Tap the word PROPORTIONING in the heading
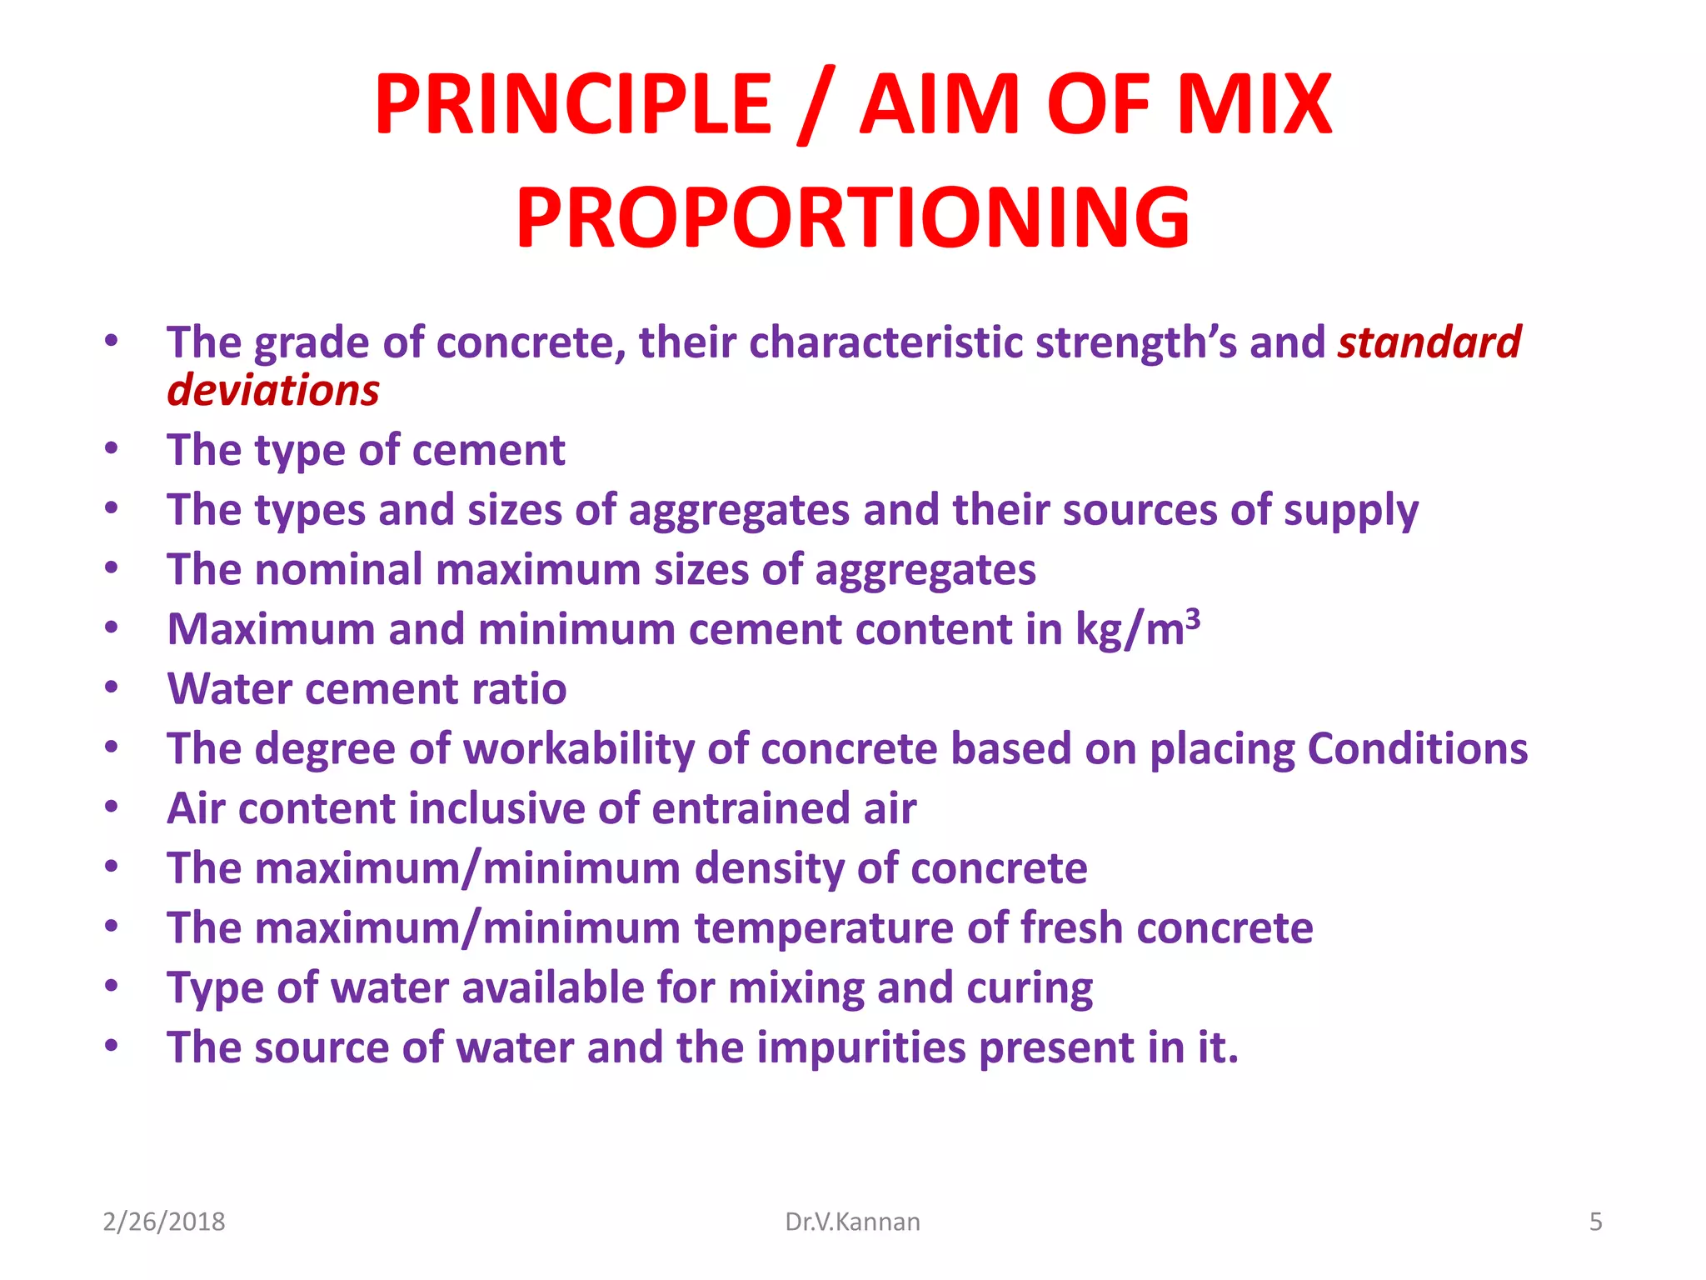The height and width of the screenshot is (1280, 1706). coord(853,218)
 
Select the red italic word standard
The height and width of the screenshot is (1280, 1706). coord(1429,342)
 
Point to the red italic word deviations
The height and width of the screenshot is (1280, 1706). coord(273,391)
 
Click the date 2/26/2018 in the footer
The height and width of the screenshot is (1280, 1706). coord(164,1222)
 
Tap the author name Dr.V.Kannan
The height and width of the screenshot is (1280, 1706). coord(852,1222)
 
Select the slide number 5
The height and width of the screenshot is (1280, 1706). coord(1595,1222)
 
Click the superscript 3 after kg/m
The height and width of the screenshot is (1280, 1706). coord(1193,618)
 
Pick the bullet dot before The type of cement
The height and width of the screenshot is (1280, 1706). coord(112,449)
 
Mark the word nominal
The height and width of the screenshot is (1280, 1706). coord(339,570)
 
